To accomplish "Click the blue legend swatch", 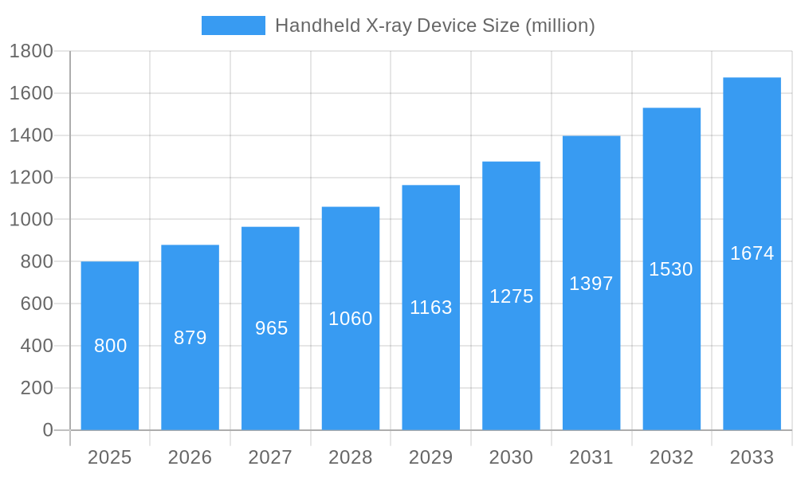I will [x=233, y=25].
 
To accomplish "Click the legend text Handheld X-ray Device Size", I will [x=434, y=25].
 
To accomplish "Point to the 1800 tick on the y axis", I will [x=31, y=52].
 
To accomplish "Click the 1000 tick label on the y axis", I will [x=31, y=220].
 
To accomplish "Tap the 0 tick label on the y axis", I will [x=47, y=430].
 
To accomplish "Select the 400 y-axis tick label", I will [x=36, y=346].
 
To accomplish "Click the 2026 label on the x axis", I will [x=190, y=457].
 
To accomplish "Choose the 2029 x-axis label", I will [x=430, y=457].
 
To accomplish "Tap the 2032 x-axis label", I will [x=671, y=457].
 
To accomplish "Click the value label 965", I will [x=271, y=328].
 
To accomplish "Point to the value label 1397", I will [x=591, y=284].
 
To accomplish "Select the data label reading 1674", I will [x=752, y=253].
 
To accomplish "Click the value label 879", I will [x=190, y=338].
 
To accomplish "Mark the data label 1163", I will [x=430, y=308].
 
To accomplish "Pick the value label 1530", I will [x=670, y=269].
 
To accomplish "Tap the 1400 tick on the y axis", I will [x=31, y=135].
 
